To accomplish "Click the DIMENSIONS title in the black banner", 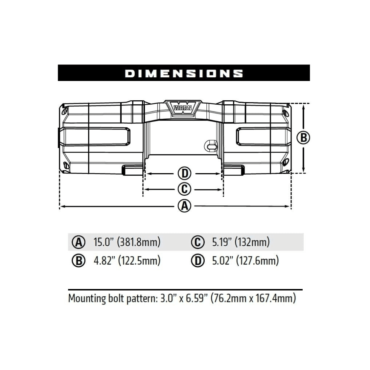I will (x=184, y=73).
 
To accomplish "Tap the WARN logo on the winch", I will (x=184, y=108).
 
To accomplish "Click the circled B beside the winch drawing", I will (x=303, y=138).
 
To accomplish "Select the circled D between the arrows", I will (x=184, y=173).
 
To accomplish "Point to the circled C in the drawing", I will (x=184, y=189).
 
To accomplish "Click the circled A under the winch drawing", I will (x=184, y=206).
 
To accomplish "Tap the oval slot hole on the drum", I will (x=212, y=147).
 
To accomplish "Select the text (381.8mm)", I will (x=139, y=242).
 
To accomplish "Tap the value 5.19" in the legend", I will (x=222, y=242).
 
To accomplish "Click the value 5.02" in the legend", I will (x=222, y=261).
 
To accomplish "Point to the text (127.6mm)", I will (x=258, y=261).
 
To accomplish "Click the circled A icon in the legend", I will (x=78, y=243).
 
